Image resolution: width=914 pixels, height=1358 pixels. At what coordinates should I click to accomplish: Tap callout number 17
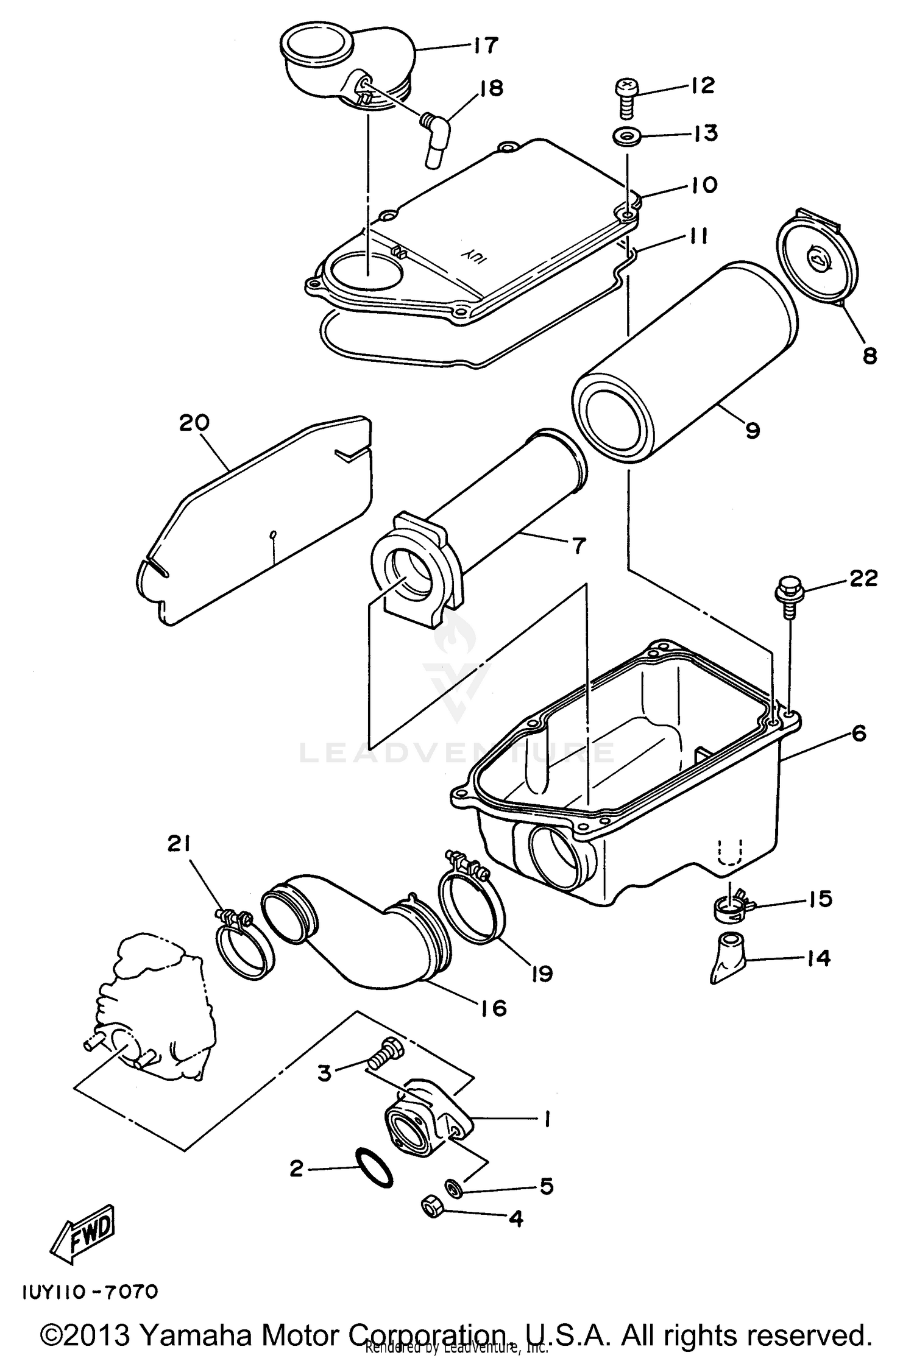[485, 45]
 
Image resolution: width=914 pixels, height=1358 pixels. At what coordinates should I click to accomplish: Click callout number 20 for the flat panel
[194, 423]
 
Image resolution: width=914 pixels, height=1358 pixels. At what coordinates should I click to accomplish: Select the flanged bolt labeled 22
[788, 593]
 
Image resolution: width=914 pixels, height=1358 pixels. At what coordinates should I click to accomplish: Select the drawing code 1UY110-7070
[90, 1290]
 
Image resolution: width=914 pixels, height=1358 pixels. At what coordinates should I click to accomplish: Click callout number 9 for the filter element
[753, 431]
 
